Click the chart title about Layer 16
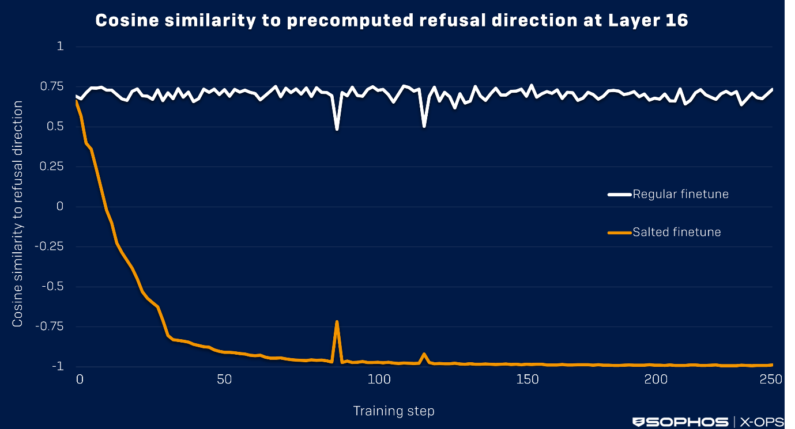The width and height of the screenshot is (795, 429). pos(391,21)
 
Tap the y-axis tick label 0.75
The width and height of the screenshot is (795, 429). pos(52,86)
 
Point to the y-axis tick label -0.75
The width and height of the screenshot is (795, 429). pos(50,327)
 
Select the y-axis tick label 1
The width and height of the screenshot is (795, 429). pos(60,47)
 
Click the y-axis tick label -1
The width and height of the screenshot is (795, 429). pos(57,366)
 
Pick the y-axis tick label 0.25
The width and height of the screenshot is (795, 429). pos(52,166)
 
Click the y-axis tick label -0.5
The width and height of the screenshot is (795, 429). pos(52,286)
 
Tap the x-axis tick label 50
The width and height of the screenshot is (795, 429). pos(224,379)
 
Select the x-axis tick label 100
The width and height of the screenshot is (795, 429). pos(379,379)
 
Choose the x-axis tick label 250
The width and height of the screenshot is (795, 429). pos(771,379)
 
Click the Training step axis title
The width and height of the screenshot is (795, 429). pos(394,411)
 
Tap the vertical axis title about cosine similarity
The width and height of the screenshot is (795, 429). pos(18,214)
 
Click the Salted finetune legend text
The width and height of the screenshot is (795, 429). pos(677,232)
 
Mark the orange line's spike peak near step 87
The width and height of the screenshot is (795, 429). pos(337,321)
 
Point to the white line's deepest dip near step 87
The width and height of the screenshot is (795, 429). pos(337,129)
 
